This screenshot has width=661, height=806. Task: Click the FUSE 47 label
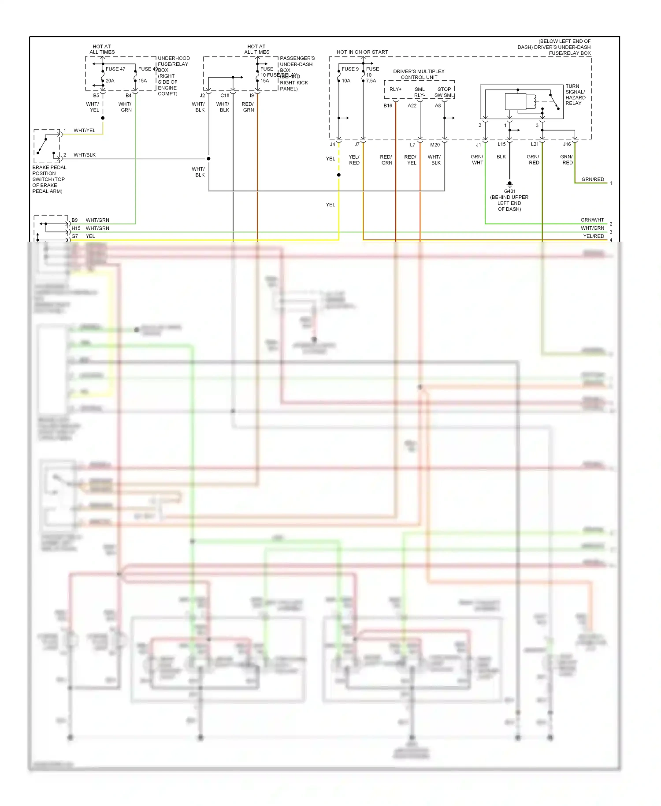[x=115, y=69]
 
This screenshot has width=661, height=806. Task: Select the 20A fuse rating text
[x=110, y=81]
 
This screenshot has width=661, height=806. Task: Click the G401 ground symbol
[x=509, y=183]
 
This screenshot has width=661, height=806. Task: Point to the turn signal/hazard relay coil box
[x=516, y=102]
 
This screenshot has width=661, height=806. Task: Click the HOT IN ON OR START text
[x=362, y=52]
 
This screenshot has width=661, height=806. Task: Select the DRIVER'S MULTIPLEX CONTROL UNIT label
[x=419, y=74]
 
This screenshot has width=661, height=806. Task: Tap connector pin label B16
[x=388, y=106]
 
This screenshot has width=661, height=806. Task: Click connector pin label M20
[x=435, y=145]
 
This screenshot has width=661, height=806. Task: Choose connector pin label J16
[x=567, y=144]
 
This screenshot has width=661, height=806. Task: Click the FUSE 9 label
[x=350, y=69]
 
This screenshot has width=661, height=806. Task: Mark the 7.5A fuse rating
[x=371, y=81]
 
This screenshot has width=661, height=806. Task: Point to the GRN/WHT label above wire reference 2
[x=592, y=220]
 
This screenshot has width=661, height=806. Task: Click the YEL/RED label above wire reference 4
[x=594, y=236]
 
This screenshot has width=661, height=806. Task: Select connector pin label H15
[x=76, y=228]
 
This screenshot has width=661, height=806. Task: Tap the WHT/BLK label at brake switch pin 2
[x=85, y=155]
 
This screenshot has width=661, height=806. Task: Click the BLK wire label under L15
[x=501, y=157]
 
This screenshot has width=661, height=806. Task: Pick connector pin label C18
[x=225, y=96]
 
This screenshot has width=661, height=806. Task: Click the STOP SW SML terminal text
[x=444, y=92]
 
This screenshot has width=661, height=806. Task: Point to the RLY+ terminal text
[x=395, y=89]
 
